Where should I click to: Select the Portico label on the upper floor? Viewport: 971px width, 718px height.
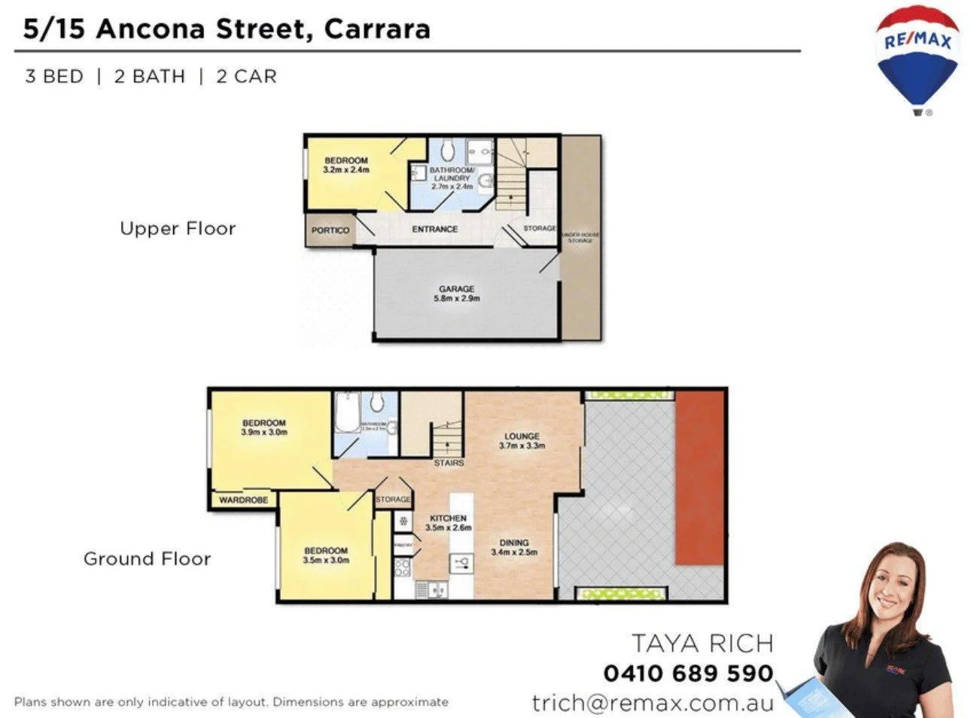point(330,230)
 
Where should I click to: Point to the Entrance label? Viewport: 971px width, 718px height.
point(434,229)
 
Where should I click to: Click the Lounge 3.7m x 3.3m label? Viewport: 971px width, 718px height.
point(522,441)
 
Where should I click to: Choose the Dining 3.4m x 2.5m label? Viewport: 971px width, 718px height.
point(514,547)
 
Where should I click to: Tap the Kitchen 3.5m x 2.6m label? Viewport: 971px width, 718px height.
point(448,523)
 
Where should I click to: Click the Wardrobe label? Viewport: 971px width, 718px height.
point(243,500)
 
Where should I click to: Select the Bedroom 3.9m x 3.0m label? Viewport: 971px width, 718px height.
point(263,427)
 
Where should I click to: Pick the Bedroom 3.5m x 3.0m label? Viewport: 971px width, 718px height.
point(325,555)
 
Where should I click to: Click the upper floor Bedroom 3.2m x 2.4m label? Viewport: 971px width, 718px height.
point(346,165)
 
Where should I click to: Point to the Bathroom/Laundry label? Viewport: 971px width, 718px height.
point(452,178)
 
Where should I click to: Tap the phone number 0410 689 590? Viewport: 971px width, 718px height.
point(688,673)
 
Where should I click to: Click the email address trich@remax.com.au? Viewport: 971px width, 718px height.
point(653,703)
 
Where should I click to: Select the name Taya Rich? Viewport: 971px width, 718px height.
point(702,643)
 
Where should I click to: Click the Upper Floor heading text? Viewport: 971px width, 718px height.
point(178,229)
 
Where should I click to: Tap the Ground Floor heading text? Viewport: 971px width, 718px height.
point(147,559)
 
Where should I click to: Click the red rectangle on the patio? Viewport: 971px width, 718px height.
point(699,478)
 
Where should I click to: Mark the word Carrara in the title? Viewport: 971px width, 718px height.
point(377,29)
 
